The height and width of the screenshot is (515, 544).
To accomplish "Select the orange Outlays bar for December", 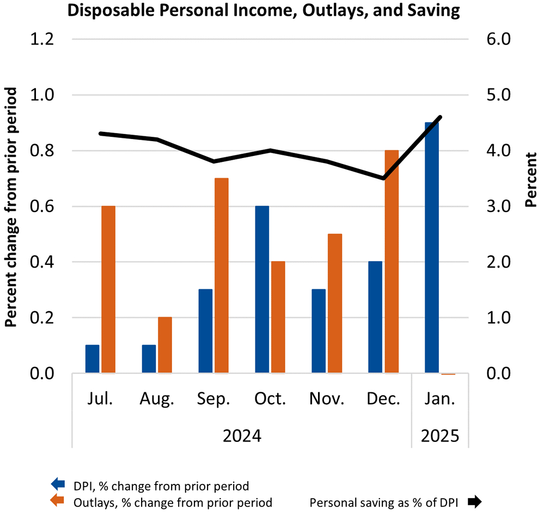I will tap(392, 262).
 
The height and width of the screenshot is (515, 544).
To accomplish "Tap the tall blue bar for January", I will tap(432, 248).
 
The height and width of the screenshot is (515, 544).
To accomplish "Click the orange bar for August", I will tap(165, 345).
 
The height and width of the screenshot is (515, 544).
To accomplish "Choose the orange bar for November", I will tap(335, 304).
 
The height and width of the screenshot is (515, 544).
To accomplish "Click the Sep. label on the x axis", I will tap(213, 399).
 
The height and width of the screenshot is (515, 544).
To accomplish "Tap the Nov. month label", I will tap(327, 399).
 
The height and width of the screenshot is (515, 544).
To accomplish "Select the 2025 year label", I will tap(440, 436).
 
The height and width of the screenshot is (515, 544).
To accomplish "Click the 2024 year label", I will tap(242, 436).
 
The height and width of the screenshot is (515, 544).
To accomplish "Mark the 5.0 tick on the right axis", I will tap(493, 95).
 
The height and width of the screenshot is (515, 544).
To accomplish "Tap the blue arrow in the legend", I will tap(57, 484).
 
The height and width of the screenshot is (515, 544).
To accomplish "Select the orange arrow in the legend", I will tap(57, 500).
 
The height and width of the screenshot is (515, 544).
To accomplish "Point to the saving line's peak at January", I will tap(440, 117).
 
